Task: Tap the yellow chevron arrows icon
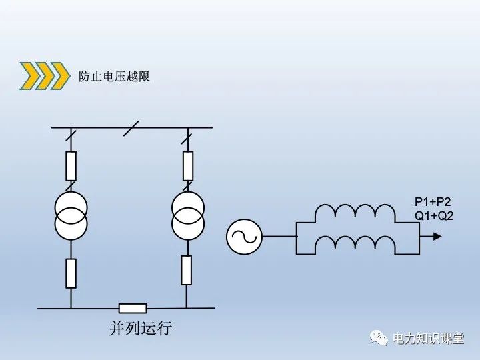[45, 76]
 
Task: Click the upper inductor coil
[355, 212]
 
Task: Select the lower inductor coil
[355, 244]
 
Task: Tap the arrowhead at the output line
[435, 236]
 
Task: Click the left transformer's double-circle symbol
[71, 215]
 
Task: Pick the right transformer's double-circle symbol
[188, 216]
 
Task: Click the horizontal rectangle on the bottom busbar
[133, 308]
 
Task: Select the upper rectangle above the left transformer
[71, 166]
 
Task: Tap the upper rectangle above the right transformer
[188, 166]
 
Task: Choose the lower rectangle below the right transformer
[187, 269]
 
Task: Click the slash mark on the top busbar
[131, 127]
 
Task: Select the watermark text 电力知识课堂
[428, 339]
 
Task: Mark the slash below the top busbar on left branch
[71, 139]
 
